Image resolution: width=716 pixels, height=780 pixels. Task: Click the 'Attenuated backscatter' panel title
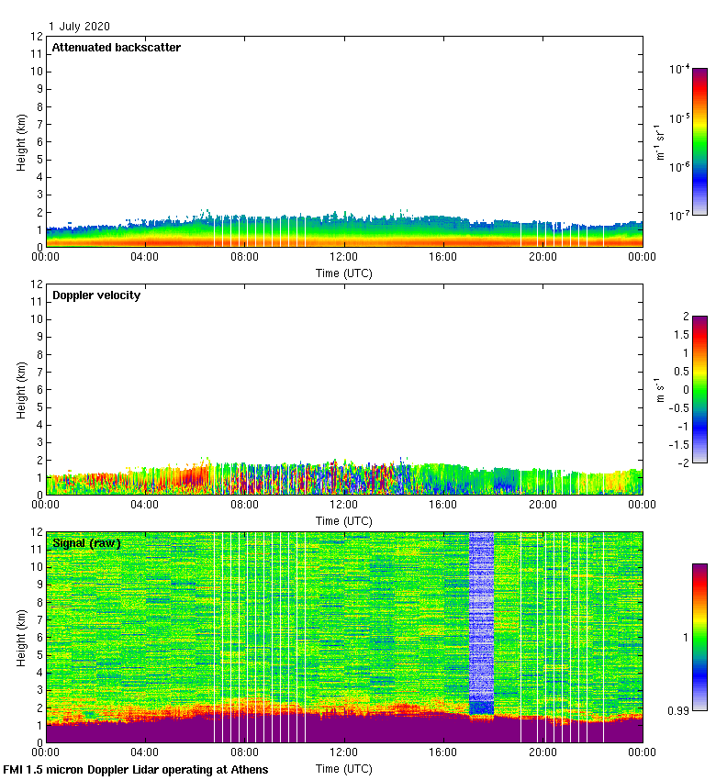117,48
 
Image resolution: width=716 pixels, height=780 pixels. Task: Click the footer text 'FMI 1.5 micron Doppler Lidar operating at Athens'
136,769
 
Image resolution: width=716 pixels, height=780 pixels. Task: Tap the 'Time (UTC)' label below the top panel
344,273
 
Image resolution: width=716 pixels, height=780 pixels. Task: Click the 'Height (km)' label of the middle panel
20,390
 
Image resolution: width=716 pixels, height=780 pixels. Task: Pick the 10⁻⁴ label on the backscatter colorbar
679,69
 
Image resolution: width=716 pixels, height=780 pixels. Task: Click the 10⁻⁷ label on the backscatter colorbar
679,216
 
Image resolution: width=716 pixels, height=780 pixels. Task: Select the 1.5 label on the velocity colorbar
680,335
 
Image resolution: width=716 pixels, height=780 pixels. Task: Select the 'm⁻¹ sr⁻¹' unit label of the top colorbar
659,142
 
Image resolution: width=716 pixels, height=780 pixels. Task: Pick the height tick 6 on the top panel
38,141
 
